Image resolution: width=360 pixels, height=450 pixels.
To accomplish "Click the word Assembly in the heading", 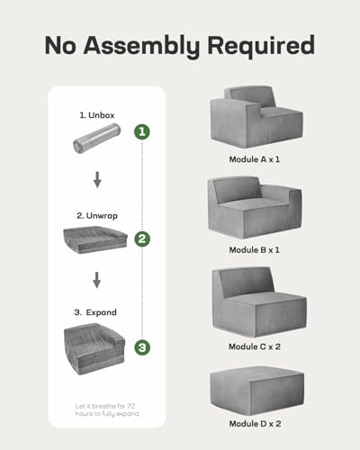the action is pos(141,46).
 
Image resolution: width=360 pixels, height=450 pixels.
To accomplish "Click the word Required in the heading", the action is pos(261,45).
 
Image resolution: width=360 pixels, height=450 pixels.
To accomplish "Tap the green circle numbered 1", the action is pos(142,131).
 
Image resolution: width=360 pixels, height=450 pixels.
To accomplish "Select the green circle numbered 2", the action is pos(142,238).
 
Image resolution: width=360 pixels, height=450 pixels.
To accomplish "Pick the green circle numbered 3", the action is pos(142,347).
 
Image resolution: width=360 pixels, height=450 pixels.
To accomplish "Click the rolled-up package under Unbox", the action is pos(96,138).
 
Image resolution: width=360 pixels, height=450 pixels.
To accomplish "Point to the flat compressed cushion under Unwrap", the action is pos(95,240).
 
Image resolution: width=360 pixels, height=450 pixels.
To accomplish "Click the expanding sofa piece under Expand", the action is pos(94,349).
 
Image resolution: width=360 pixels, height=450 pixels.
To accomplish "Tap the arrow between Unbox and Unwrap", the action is pos(97,180).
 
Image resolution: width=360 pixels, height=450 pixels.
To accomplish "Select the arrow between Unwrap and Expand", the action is pos(96,280).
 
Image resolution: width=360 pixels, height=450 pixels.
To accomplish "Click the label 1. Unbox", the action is pos(97,115).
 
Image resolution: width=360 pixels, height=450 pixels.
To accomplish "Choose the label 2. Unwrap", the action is pos(97,216).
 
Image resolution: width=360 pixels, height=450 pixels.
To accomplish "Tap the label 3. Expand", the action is pos(95,312).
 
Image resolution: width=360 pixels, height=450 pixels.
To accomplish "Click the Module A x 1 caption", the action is pos(255,159).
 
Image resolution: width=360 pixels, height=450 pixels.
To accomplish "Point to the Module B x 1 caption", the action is pos(255,250).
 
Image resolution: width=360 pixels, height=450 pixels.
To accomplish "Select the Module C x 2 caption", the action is pos(255,346).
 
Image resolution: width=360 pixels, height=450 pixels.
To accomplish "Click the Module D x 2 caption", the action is pos(255,424).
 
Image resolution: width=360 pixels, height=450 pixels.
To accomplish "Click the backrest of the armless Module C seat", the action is pos(245,282).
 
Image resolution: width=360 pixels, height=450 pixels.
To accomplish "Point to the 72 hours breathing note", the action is pos(107,409).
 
